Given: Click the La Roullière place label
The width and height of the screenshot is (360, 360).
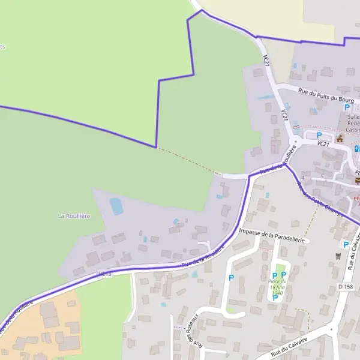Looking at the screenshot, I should (74, 215).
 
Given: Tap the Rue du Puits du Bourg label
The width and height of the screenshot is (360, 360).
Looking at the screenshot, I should (327, 94).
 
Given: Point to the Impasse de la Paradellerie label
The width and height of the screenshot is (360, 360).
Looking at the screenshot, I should (273, 235).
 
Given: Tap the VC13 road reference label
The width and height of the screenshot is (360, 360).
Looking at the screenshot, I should (104, 274).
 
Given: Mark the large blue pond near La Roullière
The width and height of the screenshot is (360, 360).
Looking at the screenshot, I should (116, 206).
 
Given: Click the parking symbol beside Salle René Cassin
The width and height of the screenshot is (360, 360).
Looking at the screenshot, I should (347, 107).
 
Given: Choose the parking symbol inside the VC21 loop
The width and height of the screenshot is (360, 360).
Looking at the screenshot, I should (319, 135).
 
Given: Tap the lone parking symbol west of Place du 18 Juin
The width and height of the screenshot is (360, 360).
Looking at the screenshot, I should (231, 278).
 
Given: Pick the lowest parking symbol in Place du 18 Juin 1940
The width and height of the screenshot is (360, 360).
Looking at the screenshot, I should (275, 298).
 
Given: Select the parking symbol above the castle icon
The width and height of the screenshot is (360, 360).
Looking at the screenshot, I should (346, 244).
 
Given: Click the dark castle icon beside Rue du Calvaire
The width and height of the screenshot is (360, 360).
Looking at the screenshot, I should (337, 256).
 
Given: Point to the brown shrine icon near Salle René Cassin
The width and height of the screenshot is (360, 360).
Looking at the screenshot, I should (340, 139).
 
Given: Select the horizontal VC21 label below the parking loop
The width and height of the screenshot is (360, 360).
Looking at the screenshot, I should (323, 144).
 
